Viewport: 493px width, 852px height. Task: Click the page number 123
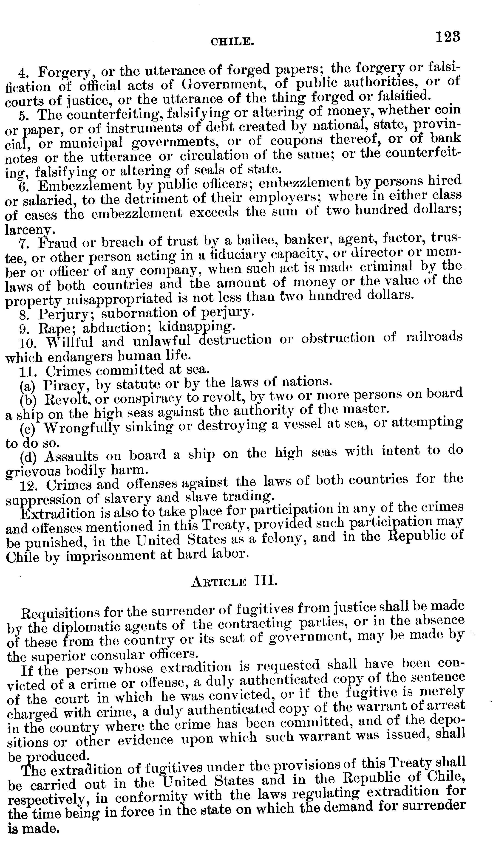click(448, 37)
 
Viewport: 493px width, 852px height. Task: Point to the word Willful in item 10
click(69, 342)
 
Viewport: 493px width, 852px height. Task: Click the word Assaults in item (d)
click(71, 457)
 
